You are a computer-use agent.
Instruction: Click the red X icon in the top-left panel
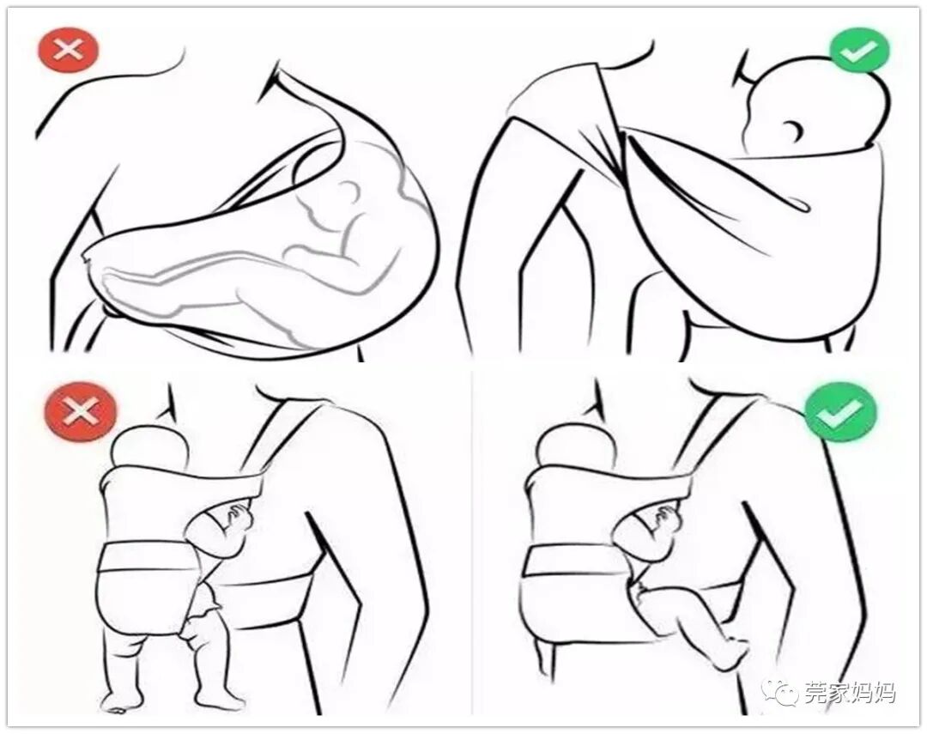tap(68, 50)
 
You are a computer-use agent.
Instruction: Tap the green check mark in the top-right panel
tap(859, 51)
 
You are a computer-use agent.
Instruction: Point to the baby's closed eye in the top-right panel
tap(795, 128)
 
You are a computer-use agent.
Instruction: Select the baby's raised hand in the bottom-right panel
tap(668, 516)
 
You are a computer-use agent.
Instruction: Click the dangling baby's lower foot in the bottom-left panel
tap(220, 698)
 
